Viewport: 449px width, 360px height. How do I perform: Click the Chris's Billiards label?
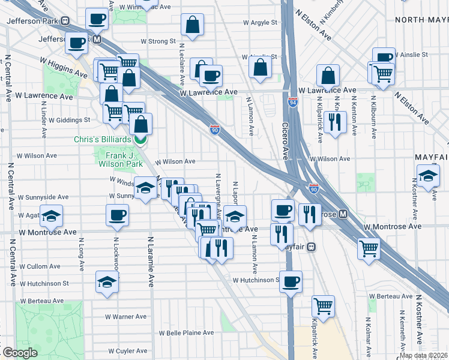coord(102,139)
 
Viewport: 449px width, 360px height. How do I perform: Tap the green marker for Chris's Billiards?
coord(140,140)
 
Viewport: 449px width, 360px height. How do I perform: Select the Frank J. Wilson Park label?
coord(120,159)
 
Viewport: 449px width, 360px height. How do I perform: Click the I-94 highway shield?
coord(293,102)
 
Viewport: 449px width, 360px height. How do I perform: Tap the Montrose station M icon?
coord(343,214)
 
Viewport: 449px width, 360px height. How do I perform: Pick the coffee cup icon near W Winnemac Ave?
coord(97,19)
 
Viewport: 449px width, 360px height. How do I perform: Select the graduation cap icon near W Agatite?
coord(52,216)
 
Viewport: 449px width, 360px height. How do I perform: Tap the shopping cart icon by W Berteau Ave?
coord(323,306)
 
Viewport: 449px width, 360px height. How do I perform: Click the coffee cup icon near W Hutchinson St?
coord(291,281)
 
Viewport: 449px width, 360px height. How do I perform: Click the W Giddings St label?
coord(69,120)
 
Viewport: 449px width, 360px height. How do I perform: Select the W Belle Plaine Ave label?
coord(186,332)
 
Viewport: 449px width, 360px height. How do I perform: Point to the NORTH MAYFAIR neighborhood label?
coord(421,19)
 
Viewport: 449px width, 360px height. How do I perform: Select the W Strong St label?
coord(158,42)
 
